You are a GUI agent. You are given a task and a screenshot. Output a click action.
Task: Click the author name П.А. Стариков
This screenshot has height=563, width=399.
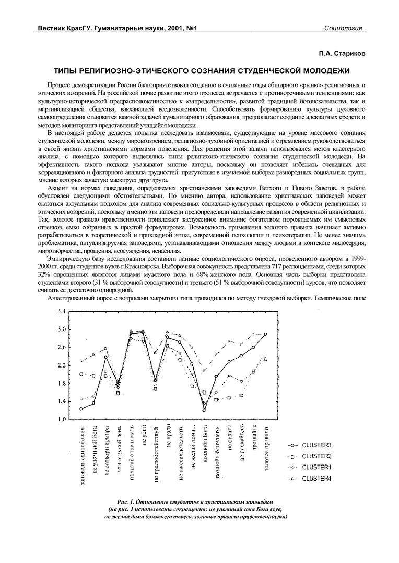[341, 53]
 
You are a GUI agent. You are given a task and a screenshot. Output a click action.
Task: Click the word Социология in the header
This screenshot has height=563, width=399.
[343, 28]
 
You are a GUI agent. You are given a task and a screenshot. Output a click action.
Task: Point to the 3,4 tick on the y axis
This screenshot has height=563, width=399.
[61, 311]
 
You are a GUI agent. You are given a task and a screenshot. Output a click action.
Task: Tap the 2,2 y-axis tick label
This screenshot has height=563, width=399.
[61, 365]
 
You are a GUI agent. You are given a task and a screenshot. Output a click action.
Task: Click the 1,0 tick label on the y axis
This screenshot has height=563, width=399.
[61, 419]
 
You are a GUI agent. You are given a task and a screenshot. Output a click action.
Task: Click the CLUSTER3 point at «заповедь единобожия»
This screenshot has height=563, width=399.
[81, 409]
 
